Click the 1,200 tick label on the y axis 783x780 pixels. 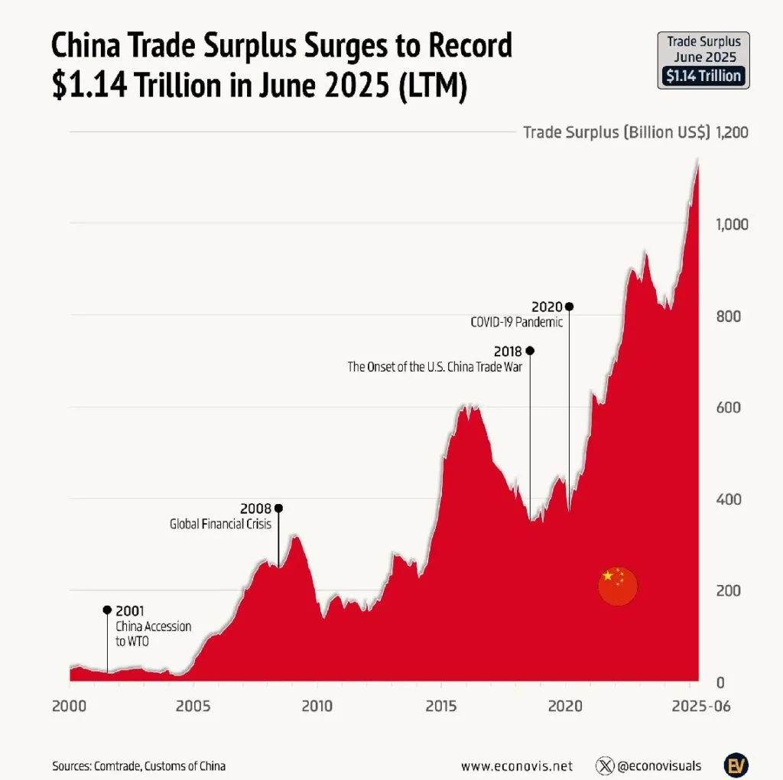732,132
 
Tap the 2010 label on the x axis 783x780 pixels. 317,705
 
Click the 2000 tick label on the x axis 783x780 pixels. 70,705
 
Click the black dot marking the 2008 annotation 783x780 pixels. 278,508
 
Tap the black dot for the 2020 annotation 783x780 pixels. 568,306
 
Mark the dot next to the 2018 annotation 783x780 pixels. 530,350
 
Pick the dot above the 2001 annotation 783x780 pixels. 107,609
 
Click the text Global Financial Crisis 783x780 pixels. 220,525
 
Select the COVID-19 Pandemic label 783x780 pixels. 516,322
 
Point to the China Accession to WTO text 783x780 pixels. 153,634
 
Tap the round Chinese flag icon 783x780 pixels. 617,587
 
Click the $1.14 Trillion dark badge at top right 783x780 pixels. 703,75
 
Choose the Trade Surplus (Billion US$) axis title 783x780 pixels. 615,132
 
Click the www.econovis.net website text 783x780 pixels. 516,765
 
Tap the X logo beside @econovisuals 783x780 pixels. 606,765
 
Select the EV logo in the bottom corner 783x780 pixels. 736,765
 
